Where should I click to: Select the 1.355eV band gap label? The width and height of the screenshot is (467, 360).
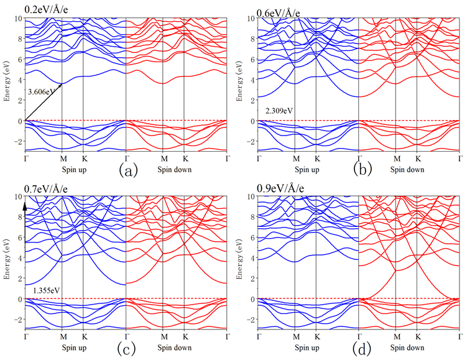46,290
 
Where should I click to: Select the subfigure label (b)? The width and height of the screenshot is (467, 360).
361,167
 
